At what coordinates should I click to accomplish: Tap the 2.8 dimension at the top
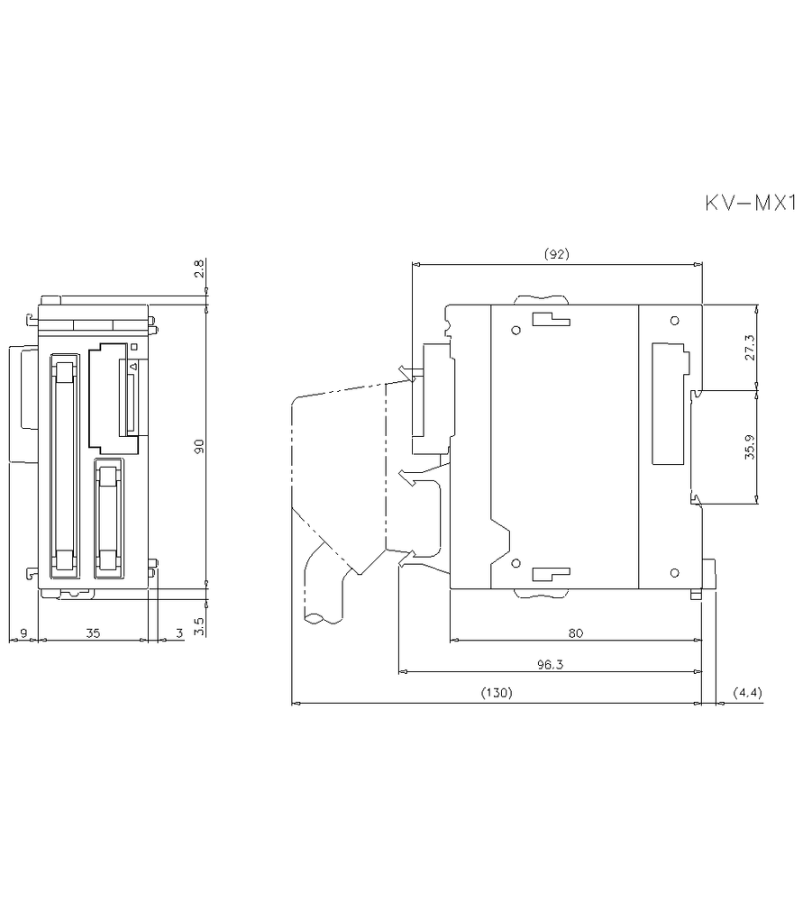pos(199,268)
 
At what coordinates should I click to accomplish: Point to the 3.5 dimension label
pos(199,621)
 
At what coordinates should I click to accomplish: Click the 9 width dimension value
pos(23,633)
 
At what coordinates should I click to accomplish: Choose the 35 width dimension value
pos(93,633)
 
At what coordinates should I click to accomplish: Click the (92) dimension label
pos(557,255)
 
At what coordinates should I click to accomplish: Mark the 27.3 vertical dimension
pos(749,347)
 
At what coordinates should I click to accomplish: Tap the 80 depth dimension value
pos(575,633)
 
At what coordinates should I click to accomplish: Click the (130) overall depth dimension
pos(496,693)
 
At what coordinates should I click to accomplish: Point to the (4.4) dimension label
pos(747,693)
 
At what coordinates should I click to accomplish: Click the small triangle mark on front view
pos(134,367)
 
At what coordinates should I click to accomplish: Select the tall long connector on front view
pos(63,464)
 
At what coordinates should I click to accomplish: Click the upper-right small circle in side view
pos(674,322)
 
